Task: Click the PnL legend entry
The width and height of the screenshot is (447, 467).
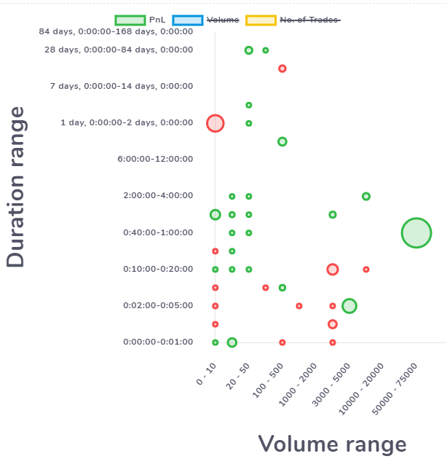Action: tap(141, 20)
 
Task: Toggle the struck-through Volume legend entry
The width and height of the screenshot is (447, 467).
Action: tap(205, 20)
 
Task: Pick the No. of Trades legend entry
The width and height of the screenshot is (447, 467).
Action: tap(293, 20)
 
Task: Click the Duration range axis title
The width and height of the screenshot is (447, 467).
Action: tap(15, 187)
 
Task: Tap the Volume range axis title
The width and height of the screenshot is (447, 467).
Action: tap(332, 444)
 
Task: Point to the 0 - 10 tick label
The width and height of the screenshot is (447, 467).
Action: tap(206, 374)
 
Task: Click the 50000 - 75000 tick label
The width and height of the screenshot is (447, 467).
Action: tap(395, 389)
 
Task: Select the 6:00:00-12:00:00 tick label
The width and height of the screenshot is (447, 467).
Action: tap(155, 159)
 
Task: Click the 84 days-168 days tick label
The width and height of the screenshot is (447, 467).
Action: tap(116, 31)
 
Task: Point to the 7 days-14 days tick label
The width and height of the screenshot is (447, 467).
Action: tap(122, 87)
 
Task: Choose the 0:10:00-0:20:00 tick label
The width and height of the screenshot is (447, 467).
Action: tap(158, 270)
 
